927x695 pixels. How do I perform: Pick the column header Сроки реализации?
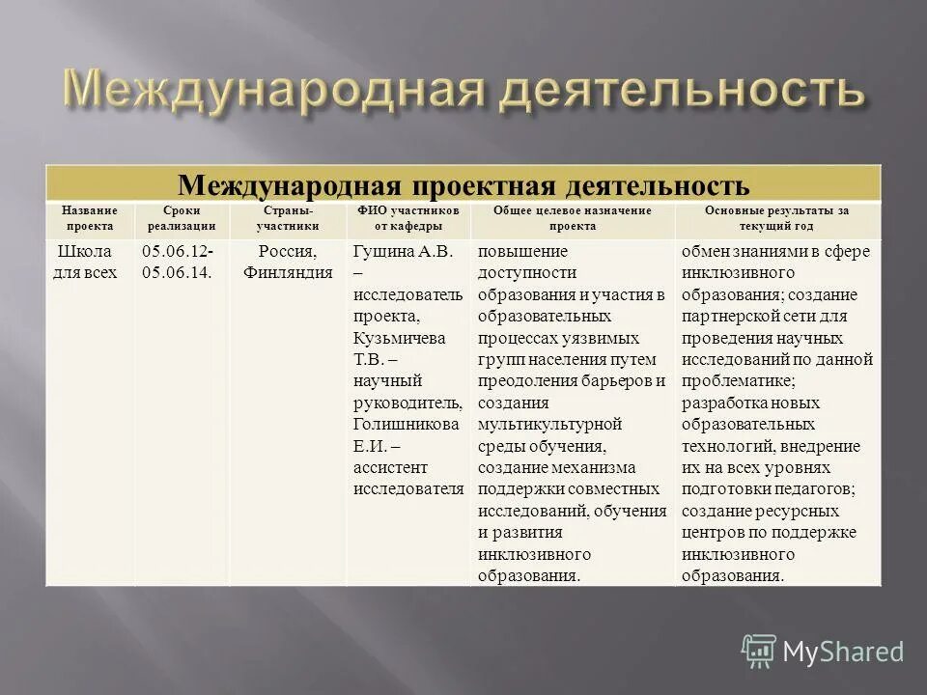(x=182, y=218)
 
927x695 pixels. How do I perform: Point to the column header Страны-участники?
(x=288, y=218)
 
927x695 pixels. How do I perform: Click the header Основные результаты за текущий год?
(x=777, y=218)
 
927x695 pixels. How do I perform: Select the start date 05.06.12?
(x=177, y=251)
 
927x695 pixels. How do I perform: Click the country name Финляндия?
(x=288, y=272)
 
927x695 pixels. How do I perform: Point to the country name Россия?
(x=287, y=251)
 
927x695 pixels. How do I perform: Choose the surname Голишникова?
(x=406, y=424)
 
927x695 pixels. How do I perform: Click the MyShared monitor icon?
(x=759, y=652)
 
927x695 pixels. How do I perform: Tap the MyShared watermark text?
(x=843, y=653)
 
